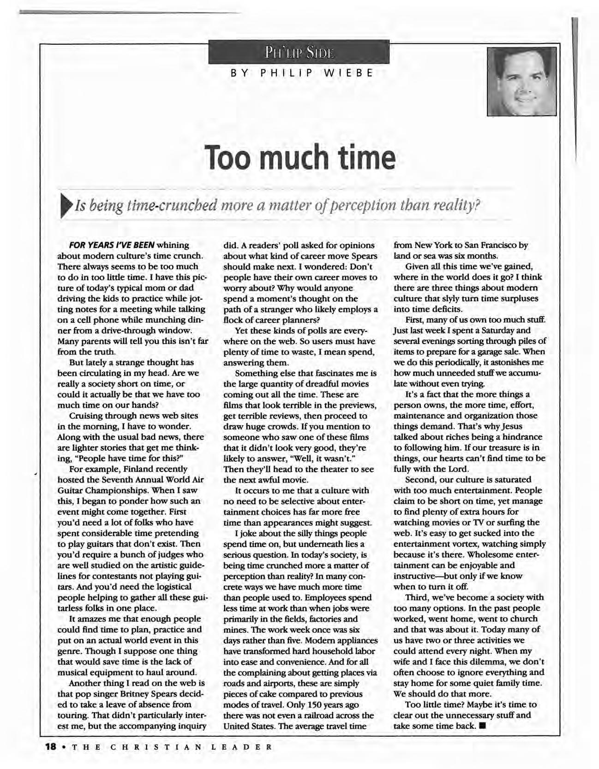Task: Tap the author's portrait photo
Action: coord(522,82)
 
